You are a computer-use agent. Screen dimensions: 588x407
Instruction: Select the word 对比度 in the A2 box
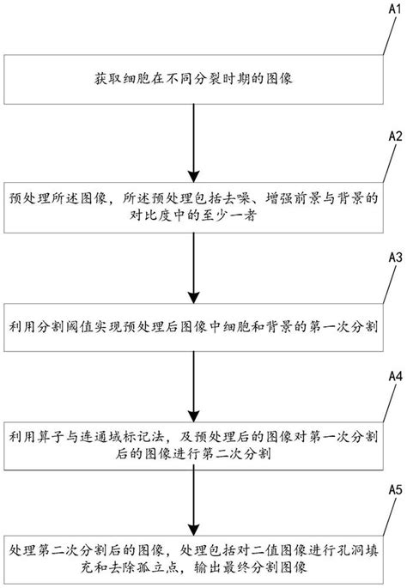[54, 218]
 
